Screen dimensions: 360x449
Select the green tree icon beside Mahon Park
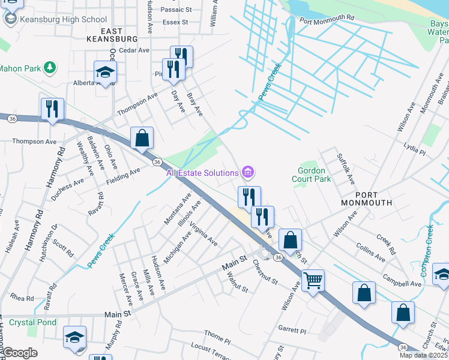(51, 68)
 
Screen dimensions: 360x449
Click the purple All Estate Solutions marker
(247, 173)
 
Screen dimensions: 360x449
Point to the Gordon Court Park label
(311, 175)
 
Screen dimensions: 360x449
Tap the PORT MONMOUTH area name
(366, 199)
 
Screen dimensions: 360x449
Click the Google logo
(20, 353)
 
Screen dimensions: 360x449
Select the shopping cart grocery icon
(313, 280)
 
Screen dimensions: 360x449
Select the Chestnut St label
(265, 272)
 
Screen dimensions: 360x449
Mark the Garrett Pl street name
(292, 330)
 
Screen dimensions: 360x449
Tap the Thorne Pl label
(217, 337)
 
